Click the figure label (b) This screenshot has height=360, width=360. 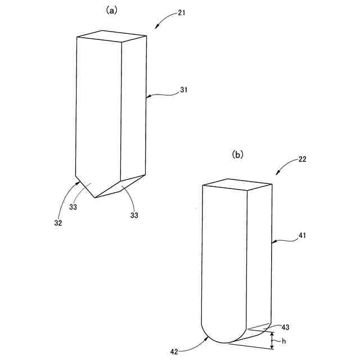point(238,152)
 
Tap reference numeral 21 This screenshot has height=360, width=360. point(181,13)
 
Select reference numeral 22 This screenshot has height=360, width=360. point(302,159)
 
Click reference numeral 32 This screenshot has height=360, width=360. point(58,222)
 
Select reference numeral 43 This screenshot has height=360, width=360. point(285,327)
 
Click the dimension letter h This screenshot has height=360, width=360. point(283,340)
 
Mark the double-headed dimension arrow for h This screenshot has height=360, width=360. point(272,340)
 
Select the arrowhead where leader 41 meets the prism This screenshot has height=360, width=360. point(273,242)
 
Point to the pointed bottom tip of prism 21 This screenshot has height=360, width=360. point(94,197)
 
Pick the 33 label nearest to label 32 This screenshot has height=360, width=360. point(73,207)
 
